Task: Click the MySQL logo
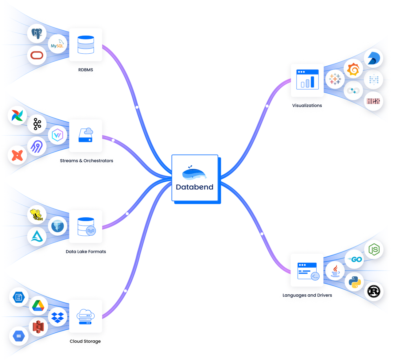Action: [x=57, y=44]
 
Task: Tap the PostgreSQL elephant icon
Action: [x=37, y=33]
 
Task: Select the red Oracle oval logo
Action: [x=37, y=55]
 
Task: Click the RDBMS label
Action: [x=86, y=70]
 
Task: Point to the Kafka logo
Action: [x=37, y=124]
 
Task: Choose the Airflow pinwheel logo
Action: [x=17, y=115]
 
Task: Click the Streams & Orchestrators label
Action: [x=86, y=161]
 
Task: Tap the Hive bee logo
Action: [x=37, y=215]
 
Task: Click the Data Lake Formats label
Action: [x=86, y=251]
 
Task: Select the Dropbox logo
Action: [x=57, y=317]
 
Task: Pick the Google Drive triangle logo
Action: [x=38, y=305]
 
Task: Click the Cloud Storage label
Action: [x=85, y=341]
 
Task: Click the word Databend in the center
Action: [x=195, y=187]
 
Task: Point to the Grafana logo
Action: [x=353, y=69]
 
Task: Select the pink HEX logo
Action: [x=373, y=101]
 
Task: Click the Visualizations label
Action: [x=307, y=105]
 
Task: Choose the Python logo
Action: [x=355, y=282]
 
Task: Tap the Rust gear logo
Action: [x=374, y=292]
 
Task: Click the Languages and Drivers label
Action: [x=307, y=295]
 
